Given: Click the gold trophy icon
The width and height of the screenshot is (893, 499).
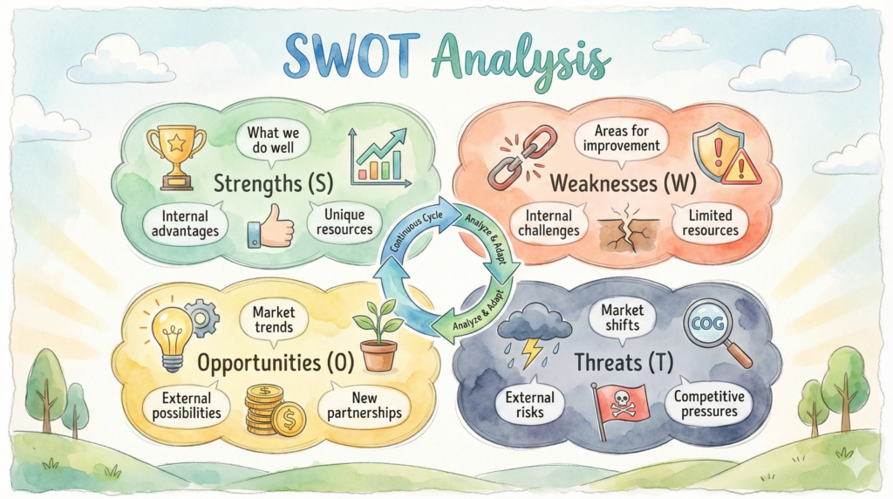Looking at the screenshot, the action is point(176,158).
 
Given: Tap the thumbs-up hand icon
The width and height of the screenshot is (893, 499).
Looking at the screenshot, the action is point(270,226).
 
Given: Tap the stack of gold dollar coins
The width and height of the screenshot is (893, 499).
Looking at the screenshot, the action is point(275,410).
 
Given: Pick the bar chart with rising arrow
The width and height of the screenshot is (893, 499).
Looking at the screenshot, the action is point(379,157).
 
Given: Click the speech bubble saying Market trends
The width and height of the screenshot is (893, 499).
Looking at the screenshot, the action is point(274,320).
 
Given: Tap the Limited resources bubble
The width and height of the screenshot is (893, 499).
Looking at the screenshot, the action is point(710,223).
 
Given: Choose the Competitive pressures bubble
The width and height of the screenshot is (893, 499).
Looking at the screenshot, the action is point(709,404).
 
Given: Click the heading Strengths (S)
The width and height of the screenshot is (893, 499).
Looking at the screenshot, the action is point(273,183).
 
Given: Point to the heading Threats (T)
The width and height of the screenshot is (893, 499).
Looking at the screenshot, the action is point(624,362).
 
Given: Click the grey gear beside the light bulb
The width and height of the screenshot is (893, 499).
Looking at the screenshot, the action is point(201,318).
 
